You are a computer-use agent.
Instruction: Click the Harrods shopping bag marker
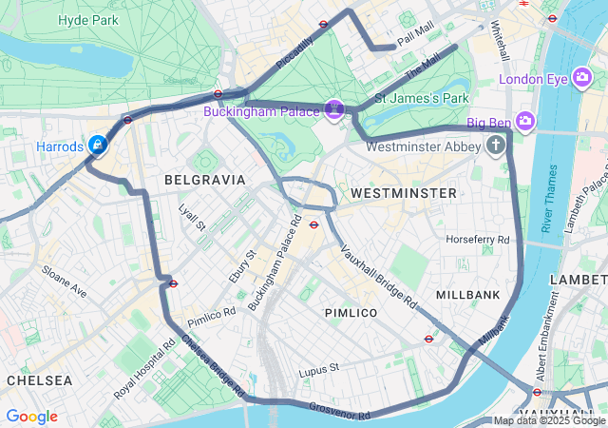(x=97, y=146)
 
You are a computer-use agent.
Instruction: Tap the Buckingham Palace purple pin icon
(x=334, y=110)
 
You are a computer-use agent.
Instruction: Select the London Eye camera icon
(x=583, y=80)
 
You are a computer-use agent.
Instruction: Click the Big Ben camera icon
(x=525, y=122)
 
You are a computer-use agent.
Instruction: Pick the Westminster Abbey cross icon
(x=495, y=146)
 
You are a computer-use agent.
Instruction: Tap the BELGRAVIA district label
(x=204, y=180)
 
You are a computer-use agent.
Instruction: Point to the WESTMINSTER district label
(x=403, y=193)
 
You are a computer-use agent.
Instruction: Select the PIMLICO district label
(x=351, y=313)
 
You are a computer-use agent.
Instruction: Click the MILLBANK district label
(x=467, y=296)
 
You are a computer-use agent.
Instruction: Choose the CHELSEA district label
(x=39, y=380)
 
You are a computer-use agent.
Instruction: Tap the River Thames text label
(x=549, y=198)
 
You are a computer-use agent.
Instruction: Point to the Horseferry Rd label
(x=478, y=239)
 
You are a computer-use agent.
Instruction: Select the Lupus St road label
(x=318, y=369)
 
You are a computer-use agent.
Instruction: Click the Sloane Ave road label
(x=64, y=282)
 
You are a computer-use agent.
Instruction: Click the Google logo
(x=31, y=417)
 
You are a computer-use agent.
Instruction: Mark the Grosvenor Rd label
(x=339, y=411)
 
